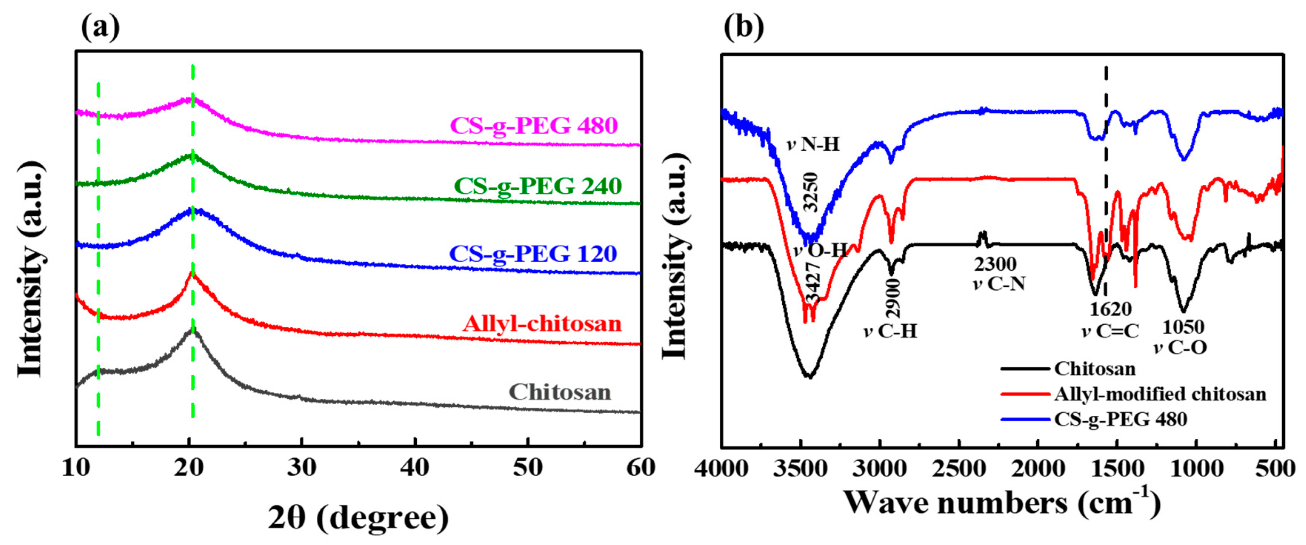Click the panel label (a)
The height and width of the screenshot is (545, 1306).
point(100,26)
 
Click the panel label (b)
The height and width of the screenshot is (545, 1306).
point(743,26)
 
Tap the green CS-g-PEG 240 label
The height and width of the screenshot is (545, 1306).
point(537,186)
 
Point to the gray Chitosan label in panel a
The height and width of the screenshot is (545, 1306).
point(560,392)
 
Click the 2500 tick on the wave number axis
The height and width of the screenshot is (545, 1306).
point(959,468)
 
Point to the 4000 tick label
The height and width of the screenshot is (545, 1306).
point(721,468)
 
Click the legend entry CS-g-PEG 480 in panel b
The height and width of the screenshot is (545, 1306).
point(1120,419)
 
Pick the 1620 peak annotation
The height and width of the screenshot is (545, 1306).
point(1110,309)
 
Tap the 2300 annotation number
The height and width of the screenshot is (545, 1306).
point(995,264)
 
